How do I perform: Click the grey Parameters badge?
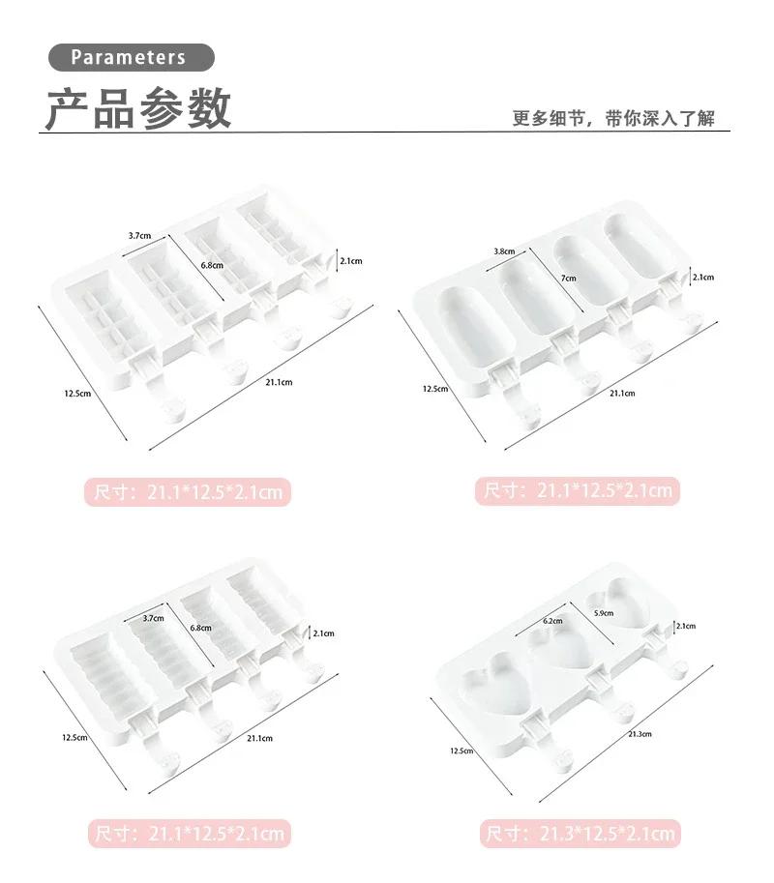point(129,57)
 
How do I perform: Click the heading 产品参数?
point(138,107)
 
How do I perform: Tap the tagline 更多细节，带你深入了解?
point(613,118)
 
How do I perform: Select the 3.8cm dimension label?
point(503,251)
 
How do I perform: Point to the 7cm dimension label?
point(570,278)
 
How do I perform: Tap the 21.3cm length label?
point(640,734)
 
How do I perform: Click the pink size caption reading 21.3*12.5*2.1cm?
point(579,834)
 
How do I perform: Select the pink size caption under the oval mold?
point(579,490)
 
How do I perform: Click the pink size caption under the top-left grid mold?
point(190,492)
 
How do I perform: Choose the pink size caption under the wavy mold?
point(190,834)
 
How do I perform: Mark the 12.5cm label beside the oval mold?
point(434,389)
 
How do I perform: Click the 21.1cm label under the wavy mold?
point(258,739)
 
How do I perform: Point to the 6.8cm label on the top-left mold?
point(212,265)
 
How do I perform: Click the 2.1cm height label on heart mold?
point(685,626)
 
